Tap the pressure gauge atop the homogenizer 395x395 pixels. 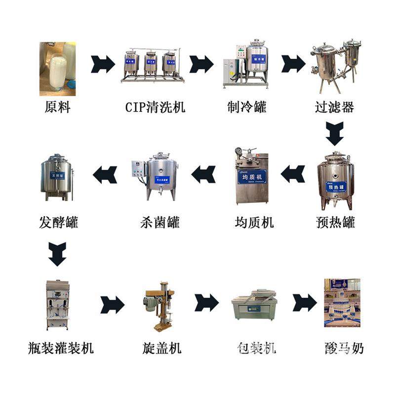point(239,151)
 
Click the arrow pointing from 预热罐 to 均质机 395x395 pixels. point(292,174)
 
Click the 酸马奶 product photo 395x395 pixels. point(342,302)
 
